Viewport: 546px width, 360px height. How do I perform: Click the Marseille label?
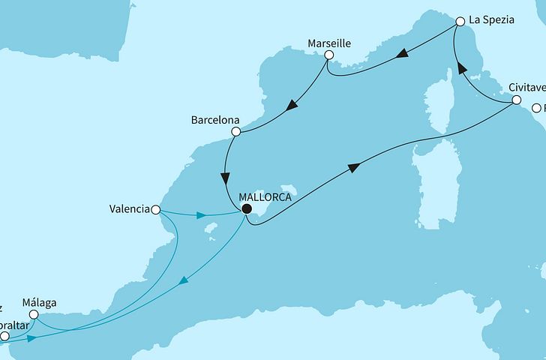[x=329, y=43]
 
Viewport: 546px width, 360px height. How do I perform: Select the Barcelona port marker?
[x=236, y=132]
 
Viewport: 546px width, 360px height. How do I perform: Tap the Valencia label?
[x=128, y=210]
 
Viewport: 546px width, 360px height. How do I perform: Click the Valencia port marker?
[x=156, y=210]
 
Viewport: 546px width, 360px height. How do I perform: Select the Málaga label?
[x=40, y=303]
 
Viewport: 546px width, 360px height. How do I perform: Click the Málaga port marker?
[x=33, y=316]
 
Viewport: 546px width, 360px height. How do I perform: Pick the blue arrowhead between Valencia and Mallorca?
[x=202, y=216]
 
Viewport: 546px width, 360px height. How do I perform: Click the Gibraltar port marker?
[x=4, y=337]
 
